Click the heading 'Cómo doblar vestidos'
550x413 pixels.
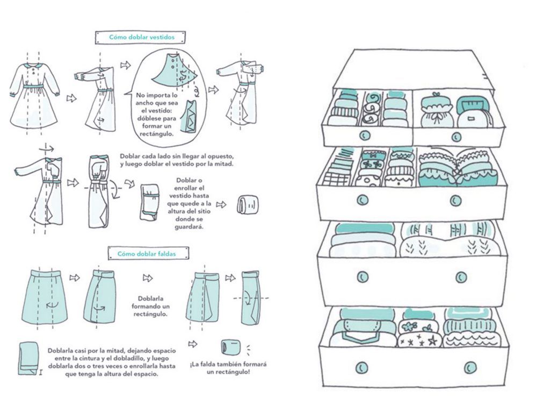point(142,38)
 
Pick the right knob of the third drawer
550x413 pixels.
point(460,277)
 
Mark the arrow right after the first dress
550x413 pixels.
point(70,98)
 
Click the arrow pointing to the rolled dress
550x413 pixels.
point(221,204)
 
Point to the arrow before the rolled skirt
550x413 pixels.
point(193,344)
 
